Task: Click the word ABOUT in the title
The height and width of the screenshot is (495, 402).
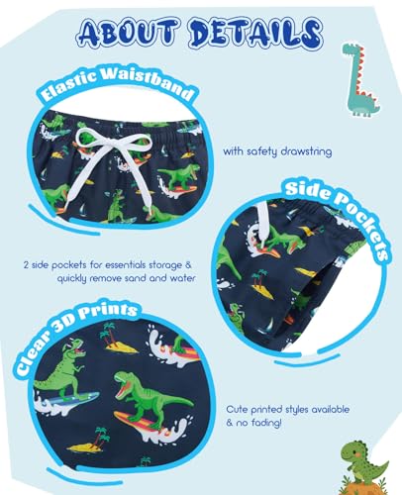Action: click(x=128, y=33)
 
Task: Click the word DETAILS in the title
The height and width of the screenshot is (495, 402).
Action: click(x=255, y=33)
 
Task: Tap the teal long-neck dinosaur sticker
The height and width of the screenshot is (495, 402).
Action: click(x=359, y=79)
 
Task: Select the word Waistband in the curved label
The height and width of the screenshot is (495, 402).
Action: click(x=147, y=82)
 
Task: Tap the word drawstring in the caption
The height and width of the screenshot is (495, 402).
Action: click(x=306, y=151)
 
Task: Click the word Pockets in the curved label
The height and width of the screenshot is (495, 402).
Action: click(x=363, y=226)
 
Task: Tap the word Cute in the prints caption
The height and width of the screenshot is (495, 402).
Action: click(x=237, y=410)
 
